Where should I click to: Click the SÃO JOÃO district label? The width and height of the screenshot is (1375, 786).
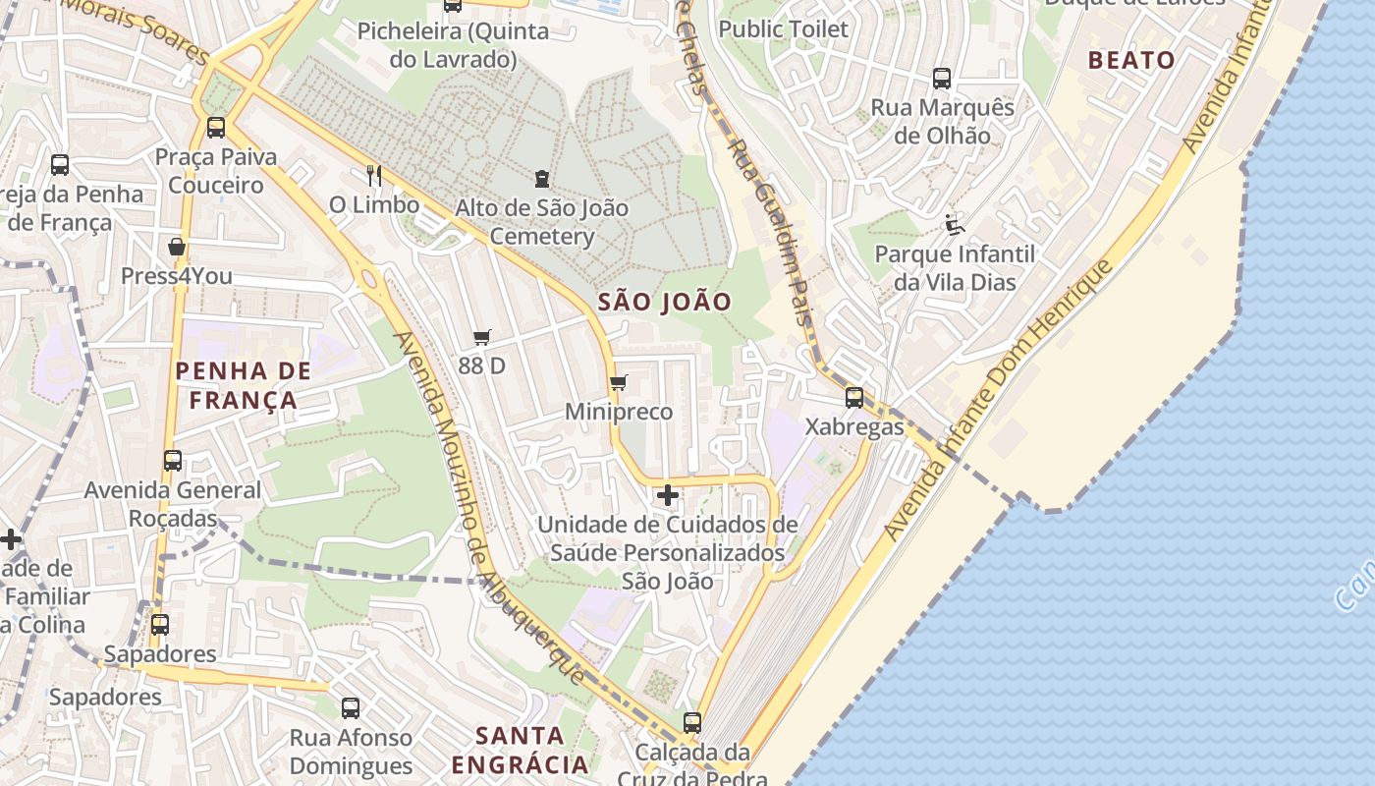pyautogui.click(x=665, y=302)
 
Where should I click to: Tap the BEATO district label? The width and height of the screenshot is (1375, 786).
pyautogui.click(x=1131, y=60)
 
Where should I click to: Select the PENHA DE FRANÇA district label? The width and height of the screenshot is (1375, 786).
pyautogui.click(x=243, y=385)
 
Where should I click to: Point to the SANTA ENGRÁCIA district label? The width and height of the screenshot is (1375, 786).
pyautogui.click(x=520, y=749)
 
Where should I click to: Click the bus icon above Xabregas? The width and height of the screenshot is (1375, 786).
pyautogui.click(x=854, y=398)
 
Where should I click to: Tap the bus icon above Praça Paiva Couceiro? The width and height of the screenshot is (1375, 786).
pyautogui.click(x=216, y=128)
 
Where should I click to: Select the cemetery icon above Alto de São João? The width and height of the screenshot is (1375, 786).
pyautogui.click(x=541, y=179)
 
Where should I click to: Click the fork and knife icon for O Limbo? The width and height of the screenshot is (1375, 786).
pyautogui.click(x=373, y=175)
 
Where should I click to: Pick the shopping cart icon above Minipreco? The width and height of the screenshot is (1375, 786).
pyautogui.click(x=618, y=382)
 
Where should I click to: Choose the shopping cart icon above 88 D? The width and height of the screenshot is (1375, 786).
pyautogui.click(x=481, y=338)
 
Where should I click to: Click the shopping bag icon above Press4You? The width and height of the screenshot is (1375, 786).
pyautogui.click(x=177, y=247)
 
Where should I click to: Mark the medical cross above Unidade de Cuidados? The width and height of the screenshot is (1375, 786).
pyautogui.click(x=667, y=495)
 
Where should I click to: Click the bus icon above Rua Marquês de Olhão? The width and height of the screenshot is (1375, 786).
pyautogui.click(x=942, y=79)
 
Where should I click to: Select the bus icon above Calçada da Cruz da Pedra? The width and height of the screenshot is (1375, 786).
pyautogui.click(x=692, y=723)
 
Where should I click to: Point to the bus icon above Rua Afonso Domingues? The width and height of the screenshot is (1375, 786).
pyautogui.click(x=350, y=707)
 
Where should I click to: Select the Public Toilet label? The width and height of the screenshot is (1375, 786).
pyautogui.click(x=783, y=29)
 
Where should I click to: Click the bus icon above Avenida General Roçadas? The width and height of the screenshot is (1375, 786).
pyautogui.click(x=173, y=460)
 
